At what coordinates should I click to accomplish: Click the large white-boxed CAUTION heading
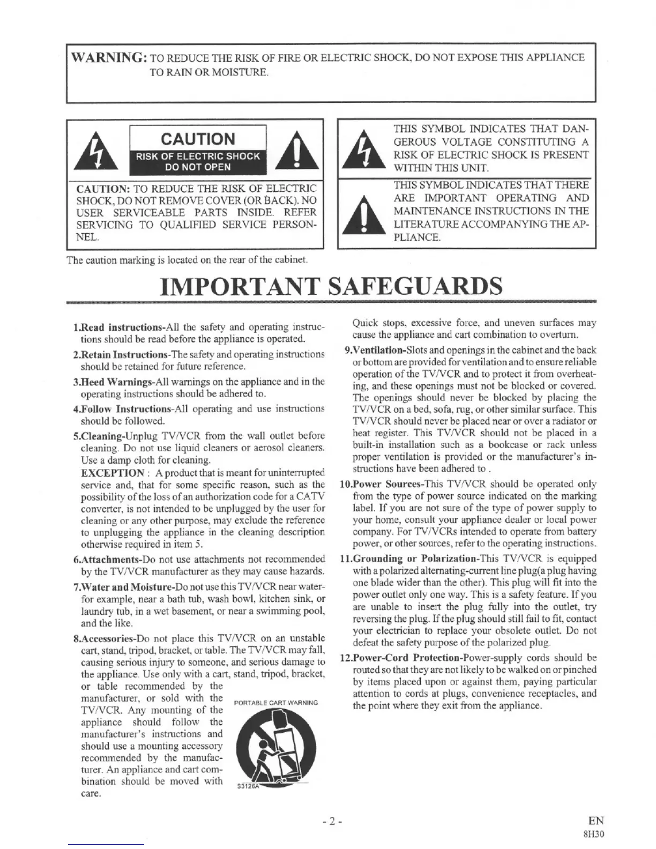click(x=198, y=139)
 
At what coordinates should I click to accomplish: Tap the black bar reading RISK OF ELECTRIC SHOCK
click(x=198, y=156)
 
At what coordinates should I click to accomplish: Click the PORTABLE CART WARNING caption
click(x=276, y=703)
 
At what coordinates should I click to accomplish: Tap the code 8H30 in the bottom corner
click(x=594, y=834)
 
